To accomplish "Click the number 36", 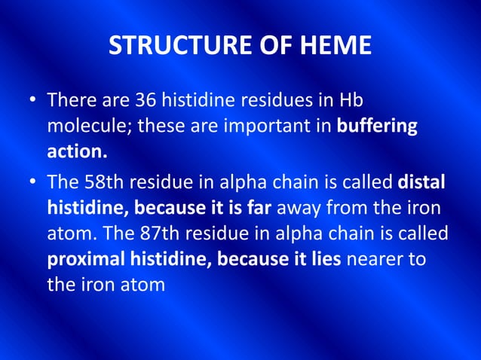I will tap(148, 100).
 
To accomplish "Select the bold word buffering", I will tap(377, 126).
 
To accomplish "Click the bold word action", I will tap(77, 151).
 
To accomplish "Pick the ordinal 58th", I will tap(104, 182).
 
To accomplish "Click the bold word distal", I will tap(421, 182).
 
